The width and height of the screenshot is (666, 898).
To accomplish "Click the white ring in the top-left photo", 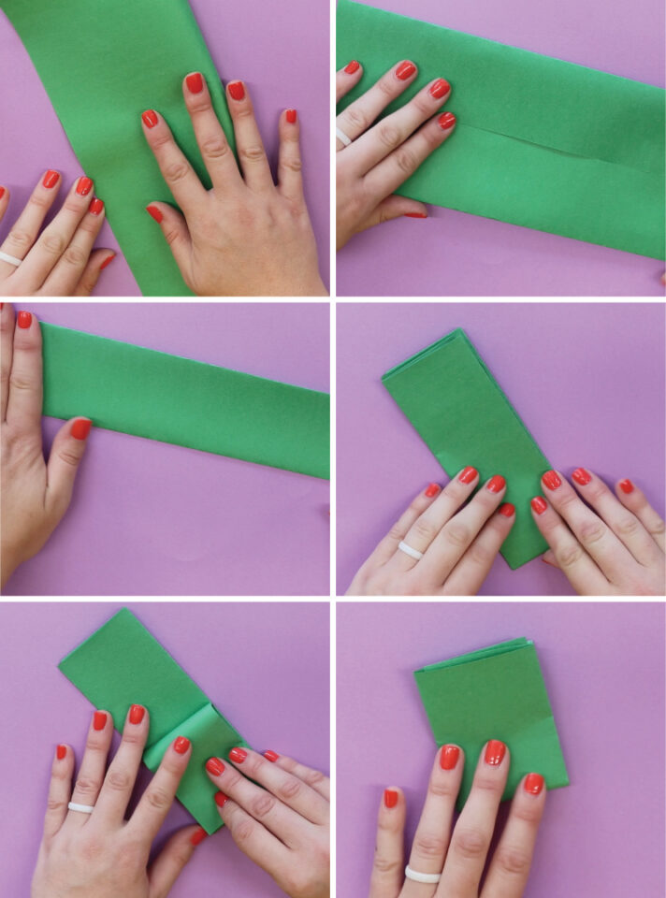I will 10,258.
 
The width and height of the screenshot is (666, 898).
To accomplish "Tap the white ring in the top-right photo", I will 343,137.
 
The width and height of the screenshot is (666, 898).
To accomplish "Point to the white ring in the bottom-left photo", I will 80,806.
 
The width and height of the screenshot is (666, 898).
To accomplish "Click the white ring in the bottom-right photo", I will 422,874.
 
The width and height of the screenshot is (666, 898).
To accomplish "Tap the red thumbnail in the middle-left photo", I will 80,428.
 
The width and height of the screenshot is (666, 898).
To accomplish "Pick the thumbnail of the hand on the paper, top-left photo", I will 153,213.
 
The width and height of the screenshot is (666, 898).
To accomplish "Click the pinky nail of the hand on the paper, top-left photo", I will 290,116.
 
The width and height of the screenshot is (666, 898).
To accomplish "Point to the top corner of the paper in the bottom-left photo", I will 120,611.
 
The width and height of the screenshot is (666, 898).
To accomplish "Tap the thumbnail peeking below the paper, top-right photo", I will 415,215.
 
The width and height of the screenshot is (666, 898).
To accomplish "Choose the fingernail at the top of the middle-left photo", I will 24,320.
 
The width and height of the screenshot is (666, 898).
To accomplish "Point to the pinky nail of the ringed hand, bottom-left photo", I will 61,751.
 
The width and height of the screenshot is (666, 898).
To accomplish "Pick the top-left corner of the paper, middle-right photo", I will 384,377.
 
